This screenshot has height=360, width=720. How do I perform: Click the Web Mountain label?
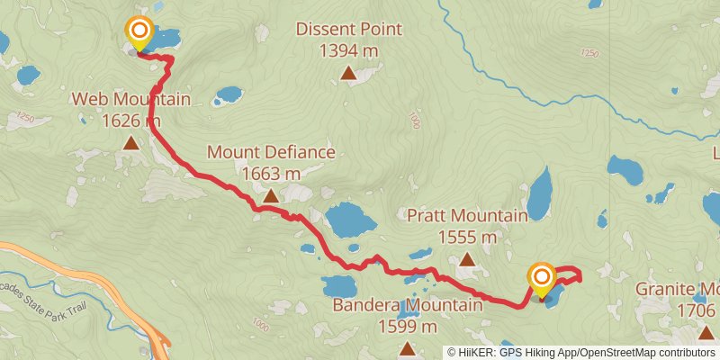(x=131, y=99)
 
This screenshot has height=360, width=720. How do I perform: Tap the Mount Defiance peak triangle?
(x=271, y=195)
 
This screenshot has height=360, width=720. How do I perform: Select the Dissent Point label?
(x=349, y=30)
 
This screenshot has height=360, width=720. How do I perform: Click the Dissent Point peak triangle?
(x=348, y=74)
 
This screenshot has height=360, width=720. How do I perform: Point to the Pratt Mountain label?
(x=467, y=216)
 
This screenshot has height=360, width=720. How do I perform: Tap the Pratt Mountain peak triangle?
(x=466, y=259)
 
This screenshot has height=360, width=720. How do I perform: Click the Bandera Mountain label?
(x=408, y=306)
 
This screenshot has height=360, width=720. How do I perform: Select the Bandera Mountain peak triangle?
(x=408, y=348)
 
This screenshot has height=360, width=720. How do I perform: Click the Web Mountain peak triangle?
(x=131, y=142)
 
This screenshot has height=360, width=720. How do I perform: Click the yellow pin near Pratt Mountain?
(x=542, y=279)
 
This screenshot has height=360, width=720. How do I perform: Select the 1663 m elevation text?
(x=271, y=173)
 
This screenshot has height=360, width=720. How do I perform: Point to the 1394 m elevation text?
(x=349, y=51)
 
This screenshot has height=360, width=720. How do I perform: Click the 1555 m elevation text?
(x=467, y=237)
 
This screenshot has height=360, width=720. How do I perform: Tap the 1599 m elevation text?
(x=408, y=327)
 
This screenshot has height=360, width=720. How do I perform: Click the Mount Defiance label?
(x=271, y=152)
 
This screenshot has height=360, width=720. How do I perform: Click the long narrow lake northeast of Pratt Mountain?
(x=539, y=191)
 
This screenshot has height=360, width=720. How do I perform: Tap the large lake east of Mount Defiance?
(x=349, y=219)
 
